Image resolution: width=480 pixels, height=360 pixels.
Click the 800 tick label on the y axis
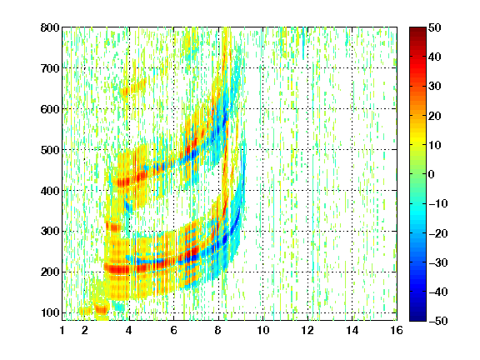pos(50,27)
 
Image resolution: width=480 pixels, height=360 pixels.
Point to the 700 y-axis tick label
pos(50,68)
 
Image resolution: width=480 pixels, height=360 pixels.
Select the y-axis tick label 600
pos(50,109)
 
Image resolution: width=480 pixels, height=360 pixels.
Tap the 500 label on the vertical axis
pos(50,150)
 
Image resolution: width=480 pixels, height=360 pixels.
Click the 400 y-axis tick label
pos(50,191)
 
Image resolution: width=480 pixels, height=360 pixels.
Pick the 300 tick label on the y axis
pos(50,231)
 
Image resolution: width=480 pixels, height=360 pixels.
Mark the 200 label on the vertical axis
pos(50,272)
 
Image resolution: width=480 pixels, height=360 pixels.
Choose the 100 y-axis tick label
pos(50,312)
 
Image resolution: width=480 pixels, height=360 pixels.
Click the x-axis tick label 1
pos(62,330)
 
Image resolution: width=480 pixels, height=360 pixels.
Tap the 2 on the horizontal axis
pos(85,330)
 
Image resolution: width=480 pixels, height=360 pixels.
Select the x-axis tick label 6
pos(173,330)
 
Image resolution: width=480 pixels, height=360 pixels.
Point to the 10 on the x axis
pos(262,330)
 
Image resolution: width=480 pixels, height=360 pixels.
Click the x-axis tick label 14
pos(352,330)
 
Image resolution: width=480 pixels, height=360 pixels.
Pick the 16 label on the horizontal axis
pos(397,330)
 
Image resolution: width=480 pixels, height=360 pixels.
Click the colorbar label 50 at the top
pos(434,27)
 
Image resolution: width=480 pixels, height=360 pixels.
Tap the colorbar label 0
pos(432,174)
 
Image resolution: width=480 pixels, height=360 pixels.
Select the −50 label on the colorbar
pos(438,321)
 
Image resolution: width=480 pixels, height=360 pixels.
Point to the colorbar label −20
pos(438,233)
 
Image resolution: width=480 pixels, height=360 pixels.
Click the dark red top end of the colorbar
pos(417,29)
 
